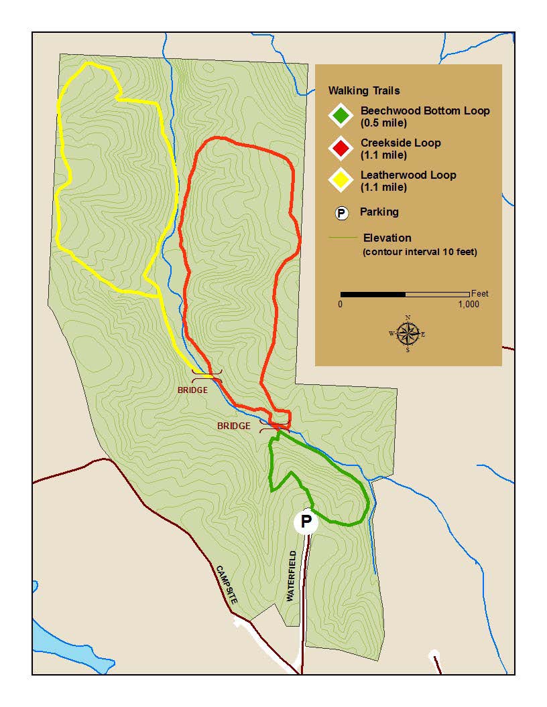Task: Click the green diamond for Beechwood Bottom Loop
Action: [341, 116]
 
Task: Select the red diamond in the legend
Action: [341, 148]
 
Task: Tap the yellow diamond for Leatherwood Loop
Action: [341, 180]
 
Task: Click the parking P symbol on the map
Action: [306, 522]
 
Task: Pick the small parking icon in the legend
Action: [342, 213]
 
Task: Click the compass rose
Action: [408, 333]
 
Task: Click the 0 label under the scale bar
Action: [341, 304]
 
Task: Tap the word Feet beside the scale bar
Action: [480, 293]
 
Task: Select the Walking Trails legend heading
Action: [364, 90]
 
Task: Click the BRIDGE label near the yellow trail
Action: [194, 390]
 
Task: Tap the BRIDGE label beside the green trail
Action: [234, 426]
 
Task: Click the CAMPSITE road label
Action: [227, 585]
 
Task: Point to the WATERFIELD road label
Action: [292, 576]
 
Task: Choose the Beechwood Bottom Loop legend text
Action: [425, 111]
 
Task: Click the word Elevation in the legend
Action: [387, 238]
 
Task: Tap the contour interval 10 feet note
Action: [420, 252]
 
